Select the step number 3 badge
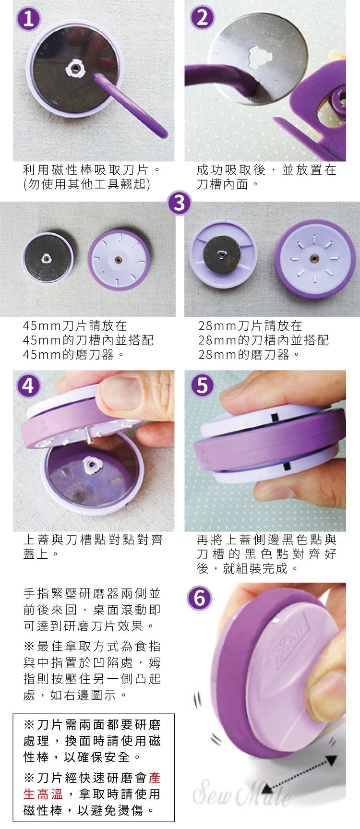pyautogui.click(x=180, y=203)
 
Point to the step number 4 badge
pyautogui.click(x=28, y=385)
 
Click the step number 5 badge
pyautogui.click(x=202, y=385)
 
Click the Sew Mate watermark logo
pyautogui.click(x=242, y=792)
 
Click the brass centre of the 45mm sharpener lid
pyautogui.click(x=119, y=260)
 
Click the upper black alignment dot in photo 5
pyautogui.click(x=275, y=416)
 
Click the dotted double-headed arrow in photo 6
pyautogui.click(x=299, y=772)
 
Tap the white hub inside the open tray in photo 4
pyautogui.click(x=90, y=464)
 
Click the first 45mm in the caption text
pyautogui.click(x=42, y=326)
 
